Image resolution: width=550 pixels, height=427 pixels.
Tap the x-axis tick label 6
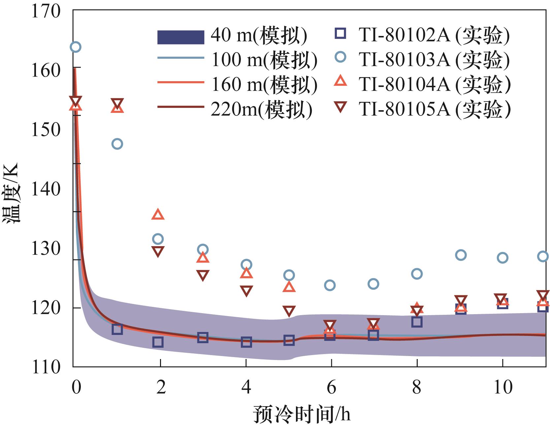click(331, 387)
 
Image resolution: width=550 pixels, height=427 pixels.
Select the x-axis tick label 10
click(502, 387)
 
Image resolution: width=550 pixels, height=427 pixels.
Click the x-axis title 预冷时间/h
click(302, 414)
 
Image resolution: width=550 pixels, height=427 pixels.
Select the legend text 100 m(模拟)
click(264, 60)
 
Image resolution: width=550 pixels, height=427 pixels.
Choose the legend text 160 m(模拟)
click(264, 84)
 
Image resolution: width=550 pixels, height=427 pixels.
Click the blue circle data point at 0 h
click(76, 47)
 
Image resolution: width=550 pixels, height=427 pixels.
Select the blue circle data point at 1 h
click(117, 144)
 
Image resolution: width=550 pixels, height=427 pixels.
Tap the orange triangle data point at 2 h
click(158, 215)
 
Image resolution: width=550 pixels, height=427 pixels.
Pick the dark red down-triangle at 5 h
click(289, 311)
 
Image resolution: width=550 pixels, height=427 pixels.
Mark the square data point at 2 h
click(158, 342)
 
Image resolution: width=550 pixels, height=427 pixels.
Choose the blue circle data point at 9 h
click(461, 255)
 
